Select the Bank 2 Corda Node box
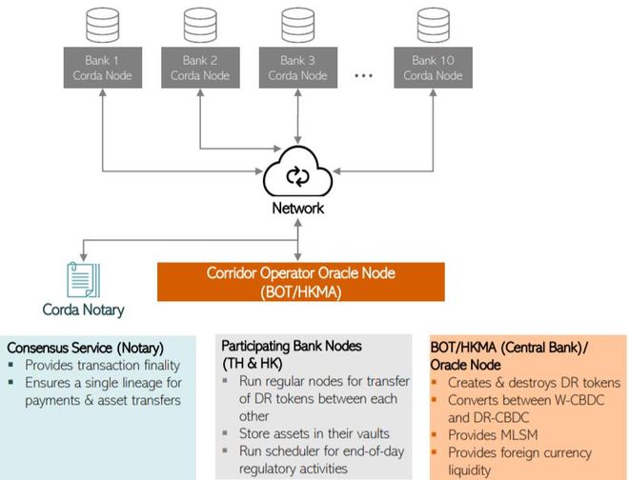tap(200, 68)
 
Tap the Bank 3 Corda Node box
tap(298, 68)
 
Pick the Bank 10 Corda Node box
tap(431, 68)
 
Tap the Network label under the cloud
tap(299, 209)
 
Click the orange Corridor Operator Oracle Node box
tap(300, 282)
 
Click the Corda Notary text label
tap(83, 310)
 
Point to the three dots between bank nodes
tap(363, 75)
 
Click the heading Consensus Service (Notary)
tap(85, 348)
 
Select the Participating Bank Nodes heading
tap(295, 345)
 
